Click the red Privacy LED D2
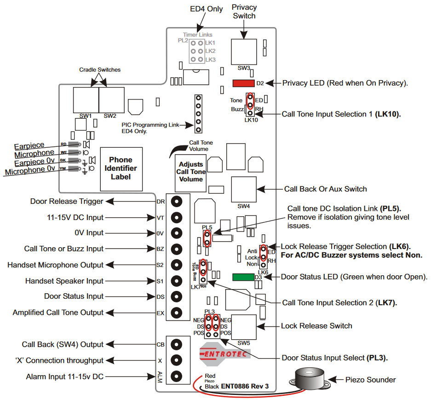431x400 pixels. tap(243, 83)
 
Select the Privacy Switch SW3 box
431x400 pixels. tap(244, 52)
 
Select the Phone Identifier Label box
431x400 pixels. tap(121, 168)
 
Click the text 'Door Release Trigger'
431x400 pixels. tap(67, 201)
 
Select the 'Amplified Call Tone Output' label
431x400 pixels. tap(58, 313)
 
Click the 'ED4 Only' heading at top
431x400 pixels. tap(206, 9)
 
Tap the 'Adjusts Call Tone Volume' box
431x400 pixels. tap(191, 171)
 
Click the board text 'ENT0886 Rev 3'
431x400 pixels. tap(245, 387)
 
